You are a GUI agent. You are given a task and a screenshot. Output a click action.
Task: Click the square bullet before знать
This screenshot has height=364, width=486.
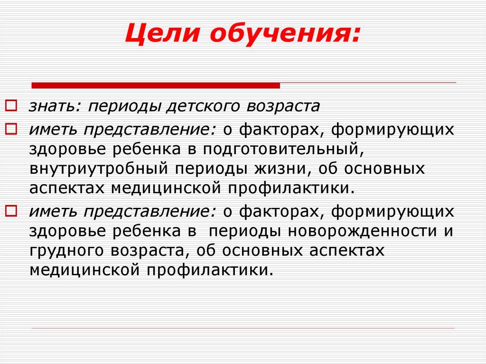click(x=13, y=104)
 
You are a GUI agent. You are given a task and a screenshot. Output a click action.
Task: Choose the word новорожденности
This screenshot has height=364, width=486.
click(x=355, y=232)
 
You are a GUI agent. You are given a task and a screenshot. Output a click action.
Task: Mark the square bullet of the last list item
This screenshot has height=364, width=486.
click(x=13, y=210)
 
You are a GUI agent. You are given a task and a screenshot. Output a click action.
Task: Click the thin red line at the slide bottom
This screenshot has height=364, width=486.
click(x=243, y=328)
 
